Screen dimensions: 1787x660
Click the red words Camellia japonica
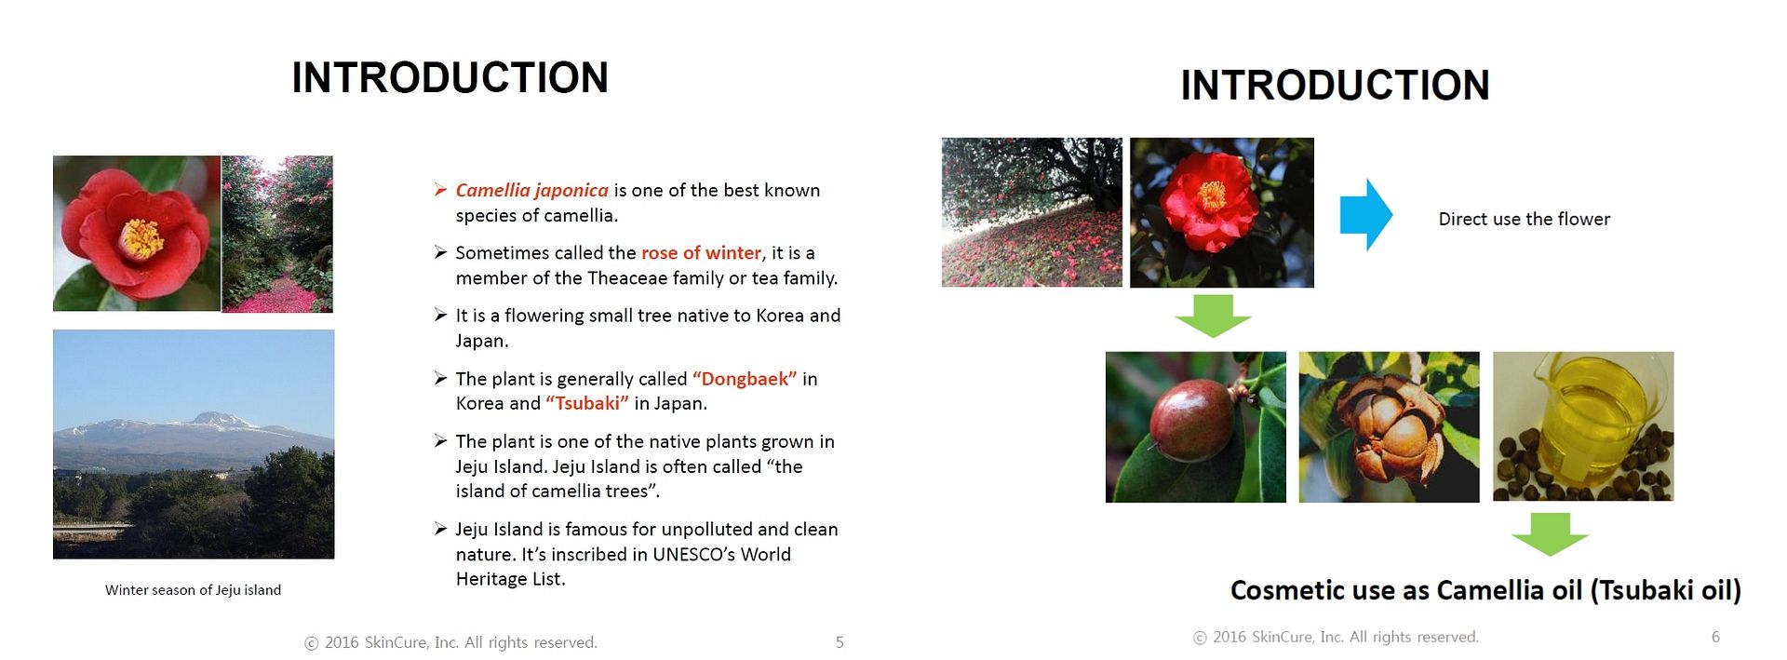[x=531, y=191]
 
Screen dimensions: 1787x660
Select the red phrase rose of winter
[x=701, y=252]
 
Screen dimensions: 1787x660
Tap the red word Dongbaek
[x=745, y=379]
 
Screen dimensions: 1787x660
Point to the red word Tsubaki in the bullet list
[x=587, y=403]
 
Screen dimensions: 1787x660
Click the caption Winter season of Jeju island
[x=193, y=590]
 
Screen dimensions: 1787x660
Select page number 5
[x=840, y=642]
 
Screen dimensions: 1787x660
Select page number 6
[x=1715, y=637]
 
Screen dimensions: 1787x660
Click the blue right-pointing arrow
[x=1366, y=215]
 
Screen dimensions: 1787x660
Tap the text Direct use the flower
[x=1525, y=219]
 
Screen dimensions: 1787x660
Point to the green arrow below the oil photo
[x=1550, y=534]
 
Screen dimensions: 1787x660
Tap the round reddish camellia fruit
[x=1192, y=421]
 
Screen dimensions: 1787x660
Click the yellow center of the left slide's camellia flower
[x=141, y=238]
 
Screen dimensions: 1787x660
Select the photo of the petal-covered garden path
[x=277, y=234]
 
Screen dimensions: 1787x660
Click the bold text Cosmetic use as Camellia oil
[x=1405, y=590]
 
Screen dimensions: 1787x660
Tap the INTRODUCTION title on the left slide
[x=450, y=77]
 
